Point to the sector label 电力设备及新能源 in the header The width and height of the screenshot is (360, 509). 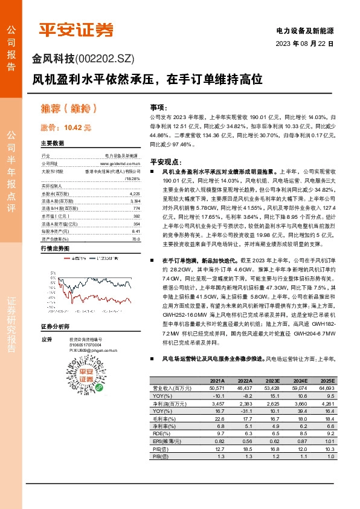click(304, 30)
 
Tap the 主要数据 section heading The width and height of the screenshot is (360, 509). click(52, 143)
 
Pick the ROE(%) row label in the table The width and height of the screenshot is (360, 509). click(162, 433)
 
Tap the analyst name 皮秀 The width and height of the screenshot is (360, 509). click(46, 339)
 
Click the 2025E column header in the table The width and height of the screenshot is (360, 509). click(326, 380)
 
